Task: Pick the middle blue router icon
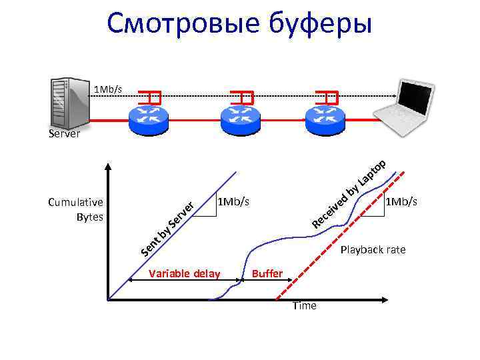pyautogui.click(x=239, y=117)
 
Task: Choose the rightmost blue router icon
pyautogui.click(x=327, y=117)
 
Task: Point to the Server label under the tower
pyautogui.click(x=64, y=134)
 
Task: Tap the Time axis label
pyautogui.click(x=305, y=306)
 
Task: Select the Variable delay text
pyautogui.click(x=185, y=273)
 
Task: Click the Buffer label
pyautogui.click(x=268, y=273)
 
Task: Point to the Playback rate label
pyautogui.click(x=373, y=250)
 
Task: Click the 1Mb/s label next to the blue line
pyautogui.click(x=233, y=201)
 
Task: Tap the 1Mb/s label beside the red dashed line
pyautogui.click(x=402, y=201)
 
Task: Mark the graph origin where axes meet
pyautogui.click(x=107, y=300)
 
